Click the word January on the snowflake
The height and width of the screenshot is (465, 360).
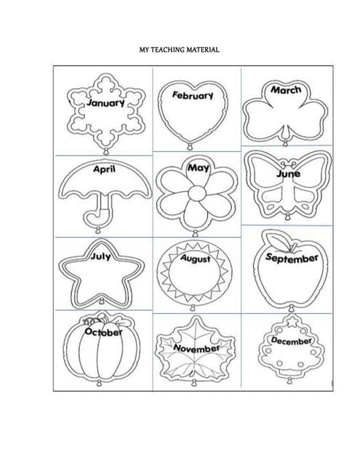(x=105, y=103)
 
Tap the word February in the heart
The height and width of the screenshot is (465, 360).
(x=193, y=95)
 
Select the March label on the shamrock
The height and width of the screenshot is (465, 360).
(x=286, y=89)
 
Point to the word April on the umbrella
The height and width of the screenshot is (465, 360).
(x=104, y=169)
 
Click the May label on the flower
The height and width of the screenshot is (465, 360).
(x=199, y=168)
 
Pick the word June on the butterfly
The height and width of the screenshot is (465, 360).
(x=288, y=174)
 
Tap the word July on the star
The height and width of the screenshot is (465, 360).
(x=100, y=256)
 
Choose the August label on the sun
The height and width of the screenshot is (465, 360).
(x=196, y=259)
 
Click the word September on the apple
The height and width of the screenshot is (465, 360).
(x=292, y=258)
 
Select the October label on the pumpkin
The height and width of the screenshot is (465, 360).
(x=103, y=332)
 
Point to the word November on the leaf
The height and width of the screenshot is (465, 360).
(x=196, y=348)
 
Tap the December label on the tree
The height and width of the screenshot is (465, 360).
(x=291, y=341)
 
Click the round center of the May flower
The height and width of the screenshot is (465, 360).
(x=197, y=193)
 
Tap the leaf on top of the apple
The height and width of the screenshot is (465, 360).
(x=279, y=240)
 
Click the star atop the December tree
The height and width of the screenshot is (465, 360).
(x=292, y=320)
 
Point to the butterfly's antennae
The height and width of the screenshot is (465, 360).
(x=288, y=163)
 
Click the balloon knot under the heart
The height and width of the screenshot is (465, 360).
(x=189, y=146)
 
